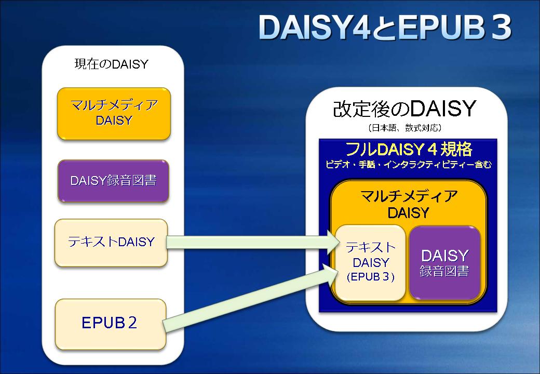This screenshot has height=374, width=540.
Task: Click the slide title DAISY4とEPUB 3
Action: click(385, 27)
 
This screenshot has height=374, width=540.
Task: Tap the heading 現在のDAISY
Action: click(111, 64)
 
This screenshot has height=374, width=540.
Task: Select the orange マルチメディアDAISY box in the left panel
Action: click(114, 114)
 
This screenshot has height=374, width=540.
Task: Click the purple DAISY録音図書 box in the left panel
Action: click(113, 181)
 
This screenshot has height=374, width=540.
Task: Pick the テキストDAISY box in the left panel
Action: click(111, 243)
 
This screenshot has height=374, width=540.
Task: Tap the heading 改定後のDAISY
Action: click(404, 109)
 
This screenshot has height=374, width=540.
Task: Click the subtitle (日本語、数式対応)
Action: click(404, 128)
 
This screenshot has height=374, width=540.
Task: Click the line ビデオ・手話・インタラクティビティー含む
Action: click(409, 165)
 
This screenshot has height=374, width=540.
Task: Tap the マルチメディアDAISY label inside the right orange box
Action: click(409, 204)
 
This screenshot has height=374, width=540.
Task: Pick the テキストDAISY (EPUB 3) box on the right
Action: click(371, 262)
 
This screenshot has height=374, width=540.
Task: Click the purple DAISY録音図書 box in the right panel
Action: click(444, 262)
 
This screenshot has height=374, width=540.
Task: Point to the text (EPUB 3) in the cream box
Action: click(371, 277)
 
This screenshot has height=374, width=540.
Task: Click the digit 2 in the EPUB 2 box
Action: click(132, 323)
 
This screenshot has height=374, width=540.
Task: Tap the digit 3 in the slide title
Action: click(501, 27)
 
